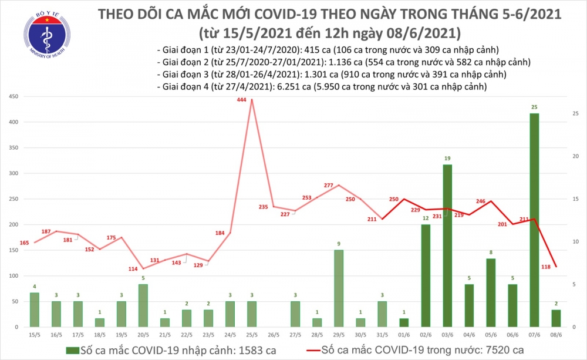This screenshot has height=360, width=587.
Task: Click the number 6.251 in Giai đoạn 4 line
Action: (292, 87)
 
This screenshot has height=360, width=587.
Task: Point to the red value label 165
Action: (24, 243)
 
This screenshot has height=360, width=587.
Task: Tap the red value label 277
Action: (328, 186)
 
